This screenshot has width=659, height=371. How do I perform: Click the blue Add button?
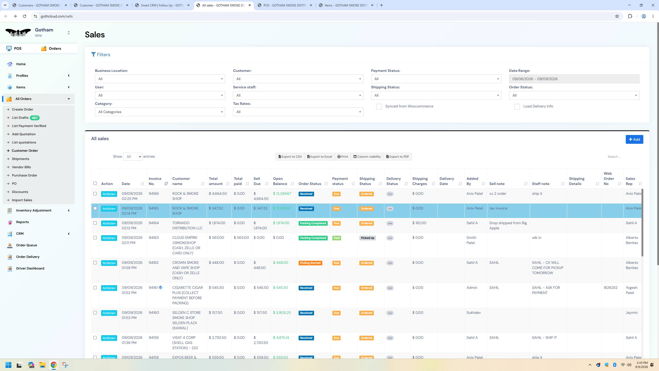click(634, 139)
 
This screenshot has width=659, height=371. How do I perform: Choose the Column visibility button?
click(367, 157)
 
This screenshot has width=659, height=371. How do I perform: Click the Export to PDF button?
click(397, 157)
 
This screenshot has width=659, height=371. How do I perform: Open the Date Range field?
click(574, 79)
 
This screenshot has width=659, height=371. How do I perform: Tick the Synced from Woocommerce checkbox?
click(379, 107)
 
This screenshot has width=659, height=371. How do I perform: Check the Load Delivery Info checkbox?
click(517, 107)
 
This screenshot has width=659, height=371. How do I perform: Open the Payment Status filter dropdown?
click(436, 79)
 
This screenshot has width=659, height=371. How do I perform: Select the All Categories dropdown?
click(160, 112)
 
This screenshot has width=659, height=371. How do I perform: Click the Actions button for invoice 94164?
click(109, 223)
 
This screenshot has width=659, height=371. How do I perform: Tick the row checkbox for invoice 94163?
click(95, 238)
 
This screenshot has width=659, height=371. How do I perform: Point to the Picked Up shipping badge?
click(367, 238)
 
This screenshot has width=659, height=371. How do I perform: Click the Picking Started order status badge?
click(310, 263)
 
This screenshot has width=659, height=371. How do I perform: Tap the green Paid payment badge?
click(336, 238)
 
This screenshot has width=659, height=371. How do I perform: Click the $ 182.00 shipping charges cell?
click(419, 223)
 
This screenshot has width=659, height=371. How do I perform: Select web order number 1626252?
click(610, 288)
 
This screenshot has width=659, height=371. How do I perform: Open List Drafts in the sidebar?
click(20, 118)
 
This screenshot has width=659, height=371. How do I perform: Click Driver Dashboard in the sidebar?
click(30, 268)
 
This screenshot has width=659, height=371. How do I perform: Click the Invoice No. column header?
click(155, 181)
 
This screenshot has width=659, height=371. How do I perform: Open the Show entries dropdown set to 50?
click(133, 157)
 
